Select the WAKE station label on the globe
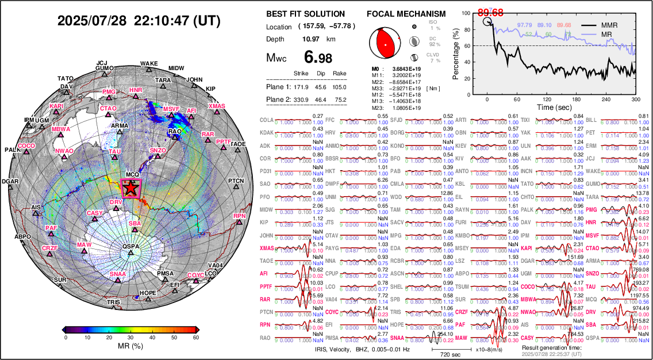(149, 64)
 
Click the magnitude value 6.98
(317, 58)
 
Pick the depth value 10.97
(311, 39)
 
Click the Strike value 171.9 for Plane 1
(301, 87)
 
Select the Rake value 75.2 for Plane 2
(339, 99)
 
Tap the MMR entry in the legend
(610, 25)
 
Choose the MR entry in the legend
(606, 35)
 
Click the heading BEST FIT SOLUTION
(306, 14)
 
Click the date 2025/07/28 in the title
(93, 21)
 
